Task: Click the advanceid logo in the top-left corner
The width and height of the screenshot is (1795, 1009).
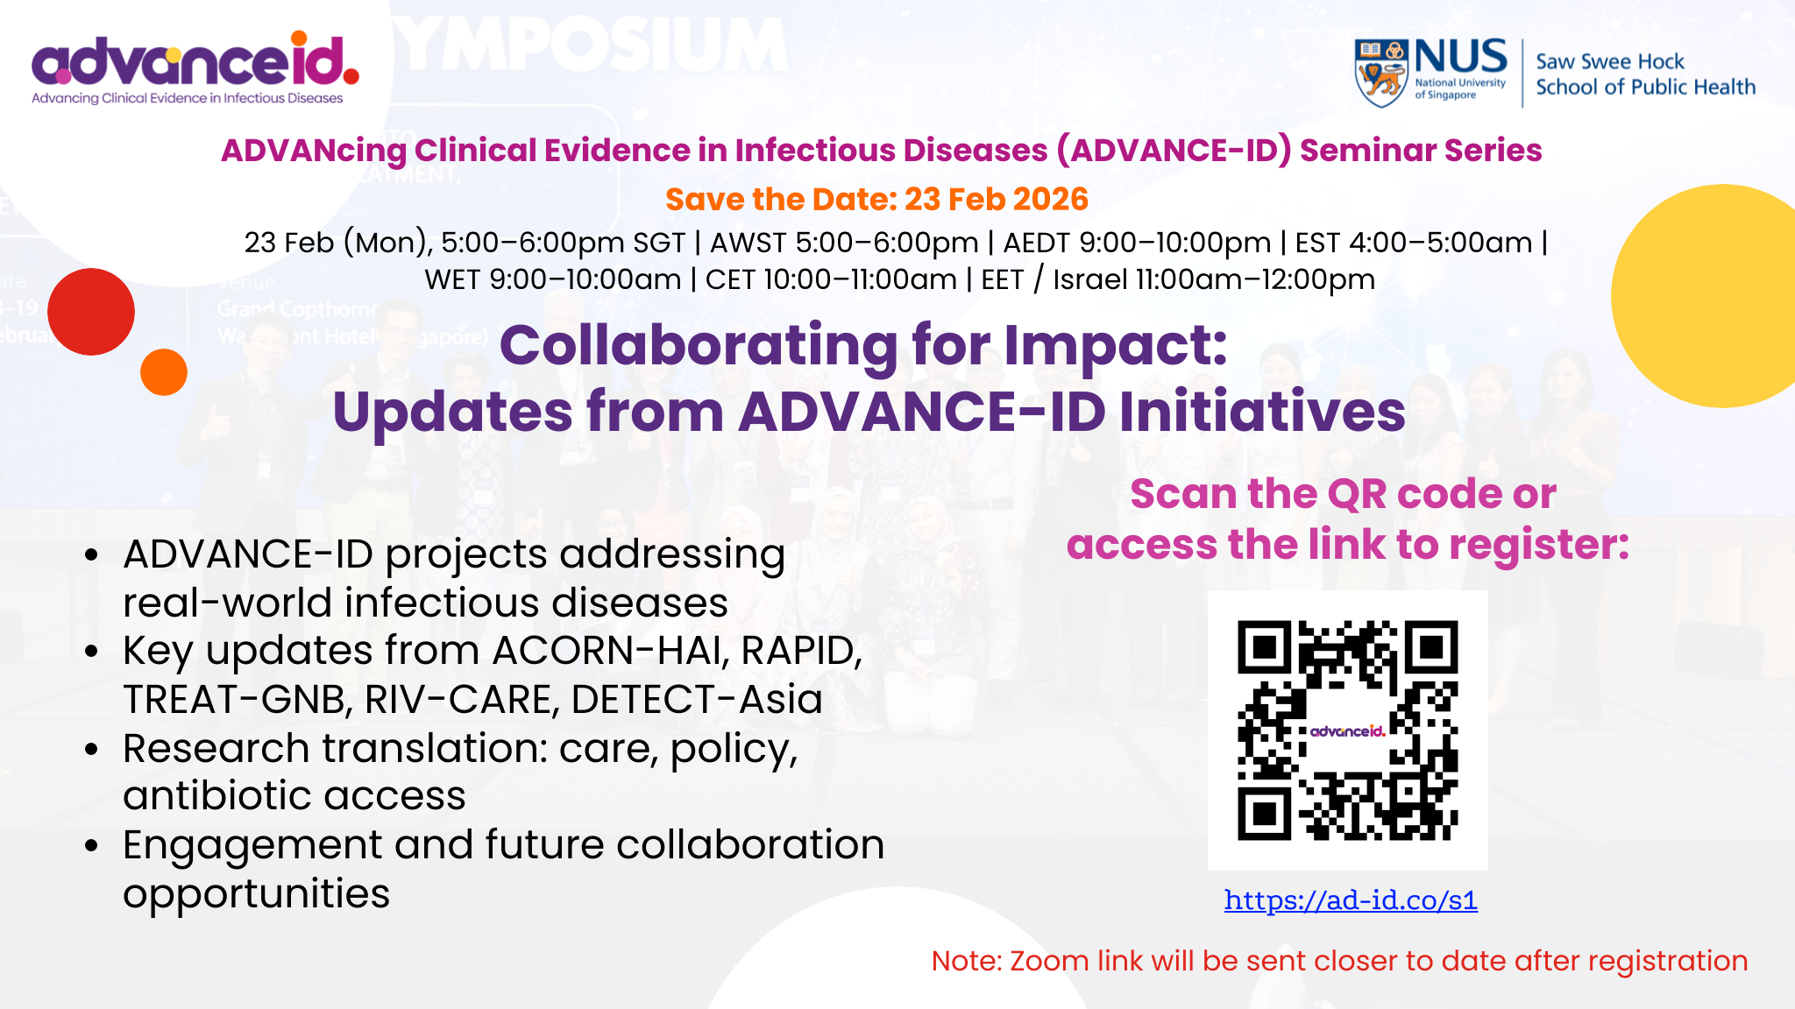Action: tap(195, 68)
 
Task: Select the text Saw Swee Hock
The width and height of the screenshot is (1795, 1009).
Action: tap(1609, 61)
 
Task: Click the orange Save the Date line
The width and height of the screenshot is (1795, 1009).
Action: tap(876, 200)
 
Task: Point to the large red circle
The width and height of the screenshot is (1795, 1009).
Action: tap(91, 312)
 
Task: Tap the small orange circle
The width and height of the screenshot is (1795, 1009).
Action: tap(164, 372)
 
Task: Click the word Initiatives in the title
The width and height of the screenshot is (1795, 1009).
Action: tap(1262, 412)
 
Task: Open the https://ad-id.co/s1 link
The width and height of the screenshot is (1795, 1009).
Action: tap(1351, 900)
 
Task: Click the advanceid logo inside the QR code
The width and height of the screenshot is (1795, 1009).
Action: tap(1348, 731)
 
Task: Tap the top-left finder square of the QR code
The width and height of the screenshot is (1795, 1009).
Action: tap(1264, 647)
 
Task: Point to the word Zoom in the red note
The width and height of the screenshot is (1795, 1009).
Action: tap(1049, 961)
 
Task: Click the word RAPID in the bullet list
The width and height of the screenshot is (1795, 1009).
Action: tap(801, 651)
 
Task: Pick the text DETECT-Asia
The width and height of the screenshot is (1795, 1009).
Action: tap(697, 700)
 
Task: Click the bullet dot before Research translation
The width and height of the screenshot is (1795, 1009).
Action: tap(92, 750)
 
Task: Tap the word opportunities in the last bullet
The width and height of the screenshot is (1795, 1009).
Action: tap(256, 894)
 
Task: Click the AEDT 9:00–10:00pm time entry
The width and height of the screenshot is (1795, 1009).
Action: tap(1137, 243)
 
